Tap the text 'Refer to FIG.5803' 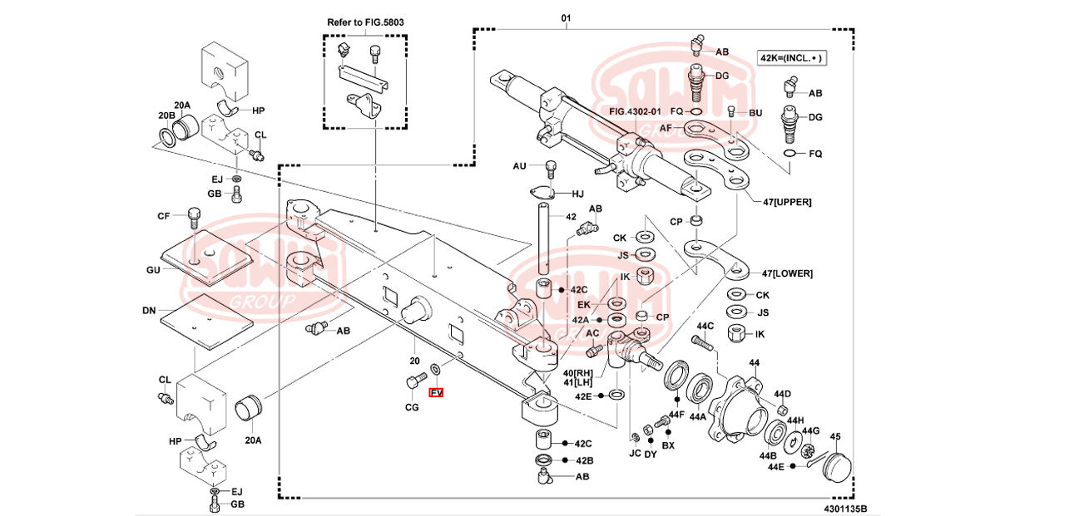coord(366,22)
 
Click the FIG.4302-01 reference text coord(637,111)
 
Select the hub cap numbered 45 coord(834,464)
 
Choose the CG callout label coord(412,407)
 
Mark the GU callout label coord(152,270)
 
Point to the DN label coord(149,310)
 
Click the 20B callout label coord(166,115)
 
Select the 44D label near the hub coord(782,394)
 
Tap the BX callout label coord(668,445)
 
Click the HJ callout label coord(577,194)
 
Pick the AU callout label coord(520,166)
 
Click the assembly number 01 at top coord(566,17)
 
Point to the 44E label coord(775,467)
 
